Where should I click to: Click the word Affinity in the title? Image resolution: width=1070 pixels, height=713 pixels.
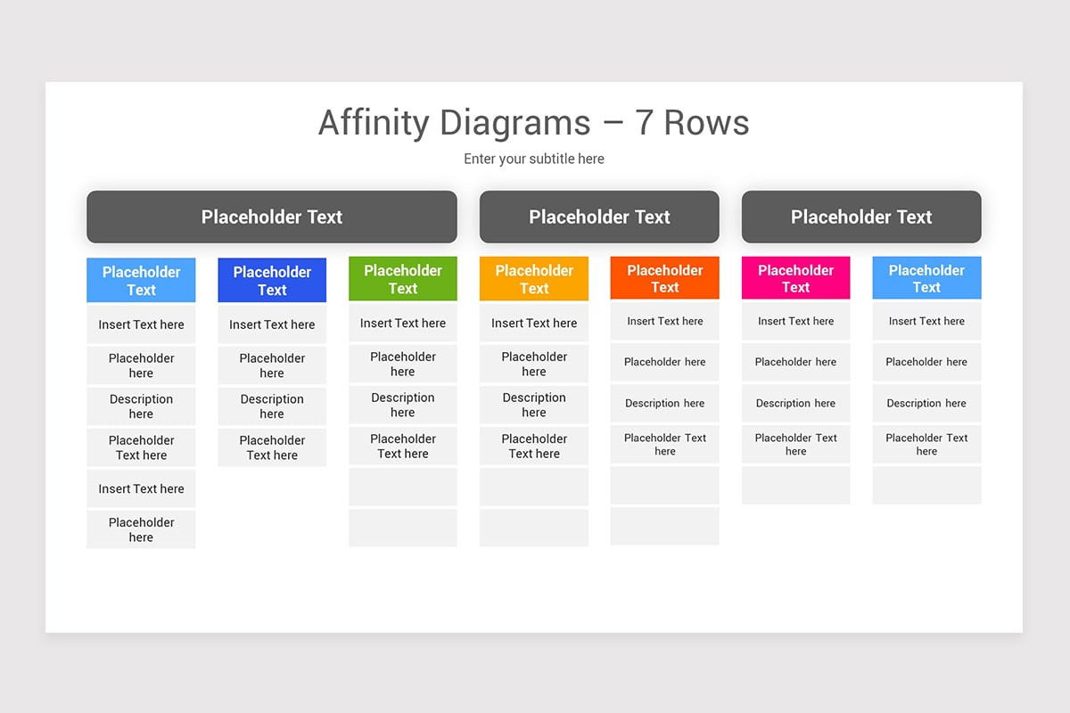(x=374, y=123)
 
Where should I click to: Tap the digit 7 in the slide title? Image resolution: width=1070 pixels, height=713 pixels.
(x=645, y=123)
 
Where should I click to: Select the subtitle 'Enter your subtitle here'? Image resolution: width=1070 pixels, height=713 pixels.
(x=533, y=159)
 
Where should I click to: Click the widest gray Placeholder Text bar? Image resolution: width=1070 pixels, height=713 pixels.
(x=271, y=217)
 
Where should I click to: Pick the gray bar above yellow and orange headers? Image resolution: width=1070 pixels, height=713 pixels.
(x=598, y=217)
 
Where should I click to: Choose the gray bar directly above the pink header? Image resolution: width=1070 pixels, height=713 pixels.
(x=860, y=217)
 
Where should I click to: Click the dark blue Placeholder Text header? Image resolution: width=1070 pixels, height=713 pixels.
(x=272, y=281)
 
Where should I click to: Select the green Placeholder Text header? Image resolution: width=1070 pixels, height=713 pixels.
(x=402, y=279)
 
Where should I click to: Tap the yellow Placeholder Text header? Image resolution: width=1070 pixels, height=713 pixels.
(x=533, y=279)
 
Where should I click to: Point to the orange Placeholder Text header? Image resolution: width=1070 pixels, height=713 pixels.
(x=664, y=278)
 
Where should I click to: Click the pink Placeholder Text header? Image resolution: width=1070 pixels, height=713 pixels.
(x=795, y=278)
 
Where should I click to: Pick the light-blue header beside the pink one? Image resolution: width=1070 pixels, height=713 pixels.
(x=926, y=278)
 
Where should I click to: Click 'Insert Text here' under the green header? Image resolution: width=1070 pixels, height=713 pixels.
(x=402, y=323)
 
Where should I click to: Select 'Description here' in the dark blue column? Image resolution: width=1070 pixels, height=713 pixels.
(x=272, y=406)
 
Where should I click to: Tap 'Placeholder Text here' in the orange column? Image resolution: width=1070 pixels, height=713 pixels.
(x=664, y=444)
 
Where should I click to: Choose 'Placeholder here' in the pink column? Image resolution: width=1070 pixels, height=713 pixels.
(x=795, y=362)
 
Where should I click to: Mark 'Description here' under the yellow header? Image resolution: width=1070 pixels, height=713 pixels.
(x=533, y=405)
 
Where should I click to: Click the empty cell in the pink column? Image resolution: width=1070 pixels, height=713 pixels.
(x=795, y=485)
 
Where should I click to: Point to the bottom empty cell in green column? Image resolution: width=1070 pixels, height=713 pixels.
(x=402, y=528)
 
